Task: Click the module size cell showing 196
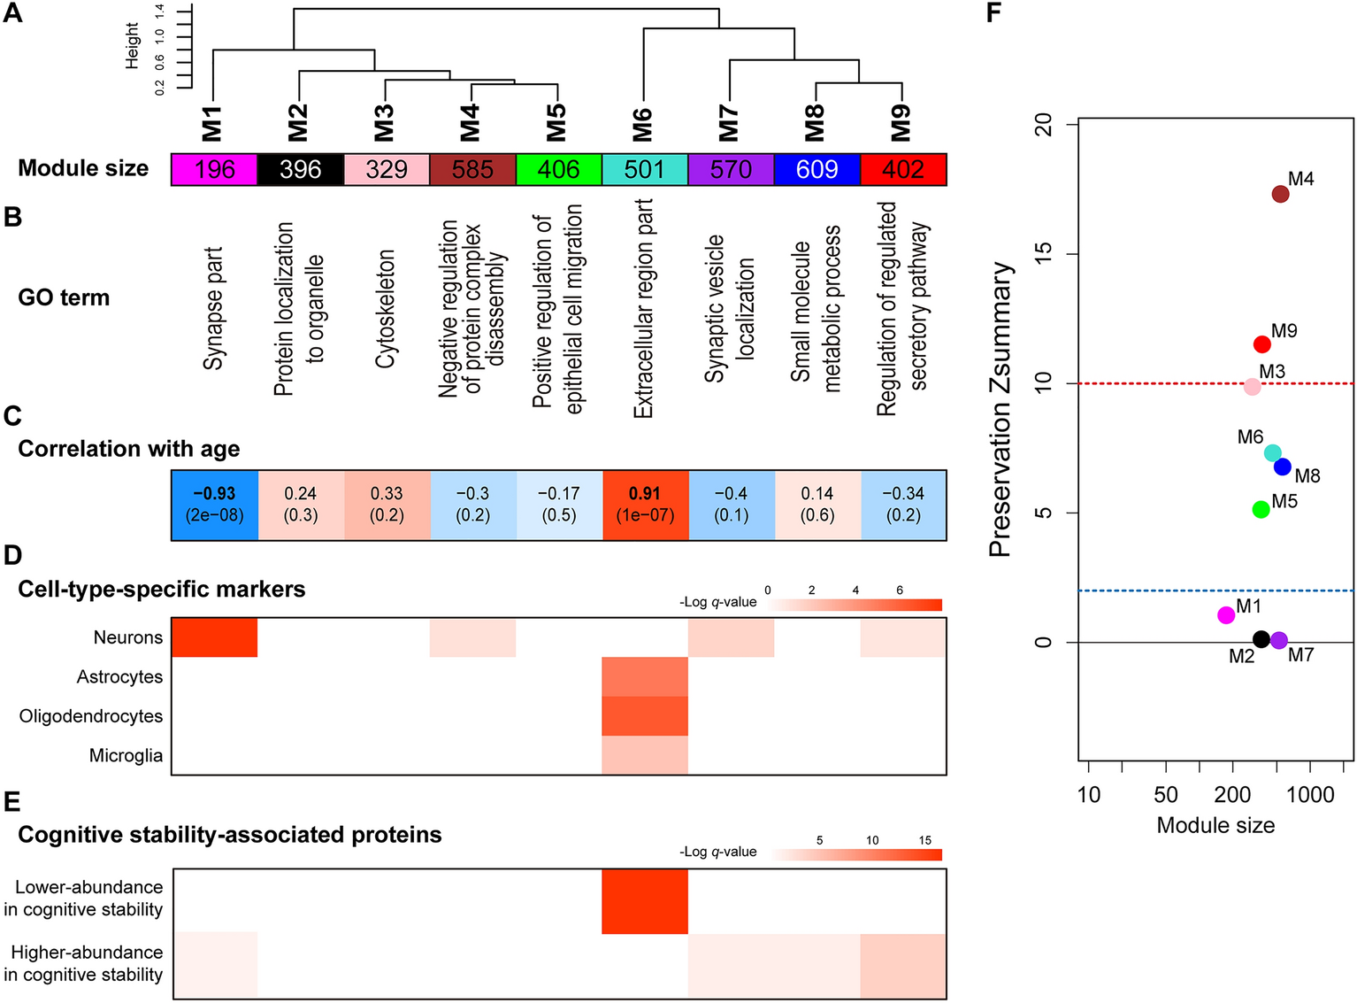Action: coord(214,169)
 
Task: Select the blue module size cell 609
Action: coord(816,169)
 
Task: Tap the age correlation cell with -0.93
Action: coord(214,505)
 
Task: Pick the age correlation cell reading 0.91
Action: coord(645,505)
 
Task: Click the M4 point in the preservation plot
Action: coord(1280,194)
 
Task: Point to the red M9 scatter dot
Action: coord(1262,344)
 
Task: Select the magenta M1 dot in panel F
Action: coord(1226,615)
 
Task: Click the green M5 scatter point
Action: coord(1261,509)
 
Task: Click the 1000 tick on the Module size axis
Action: coord(1310,794)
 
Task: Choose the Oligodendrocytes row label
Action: coord(91,716)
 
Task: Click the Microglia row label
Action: coord(126,755)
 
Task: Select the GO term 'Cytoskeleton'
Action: coord(385,309)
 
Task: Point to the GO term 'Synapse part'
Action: coord(213,309)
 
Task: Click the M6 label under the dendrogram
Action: coord(643,124)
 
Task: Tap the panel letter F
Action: coord(993,13)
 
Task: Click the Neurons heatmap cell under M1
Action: coord(214,637)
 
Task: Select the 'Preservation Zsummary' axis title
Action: coord(1000,409)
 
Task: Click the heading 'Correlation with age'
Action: coord(129,449)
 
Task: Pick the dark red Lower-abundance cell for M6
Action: coord(645,901)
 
